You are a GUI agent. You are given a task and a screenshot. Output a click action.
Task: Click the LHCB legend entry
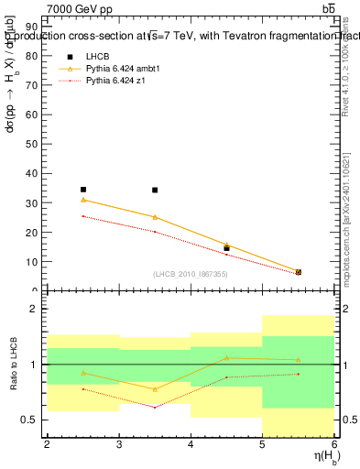pyautogui.click(x=98, y=57)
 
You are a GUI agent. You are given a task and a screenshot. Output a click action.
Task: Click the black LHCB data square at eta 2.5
pyautogui.click(x=83, y=190)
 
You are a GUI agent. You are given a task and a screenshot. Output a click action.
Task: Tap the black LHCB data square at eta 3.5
pyautogui.click(x=155, y=191)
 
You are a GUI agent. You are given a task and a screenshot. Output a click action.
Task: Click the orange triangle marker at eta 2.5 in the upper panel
pyautogui.click(x=83, y=200)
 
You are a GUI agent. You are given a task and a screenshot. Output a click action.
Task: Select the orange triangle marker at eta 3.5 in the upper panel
pyautogui.click(x=155, y=217)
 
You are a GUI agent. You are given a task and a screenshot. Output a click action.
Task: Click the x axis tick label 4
pyautogui.click(x=191, y=444)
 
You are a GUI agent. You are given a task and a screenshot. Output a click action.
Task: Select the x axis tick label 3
pyautogui.click(x=119, y=444)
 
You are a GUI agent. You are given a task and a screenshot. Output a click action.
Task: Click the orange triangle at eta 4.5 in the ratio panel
pyautogui.click(x=226, y=358)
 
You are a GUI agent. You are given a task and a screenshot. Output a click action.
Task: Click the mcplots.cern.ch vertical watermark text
pyautogui.click(x=346, y=215)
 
